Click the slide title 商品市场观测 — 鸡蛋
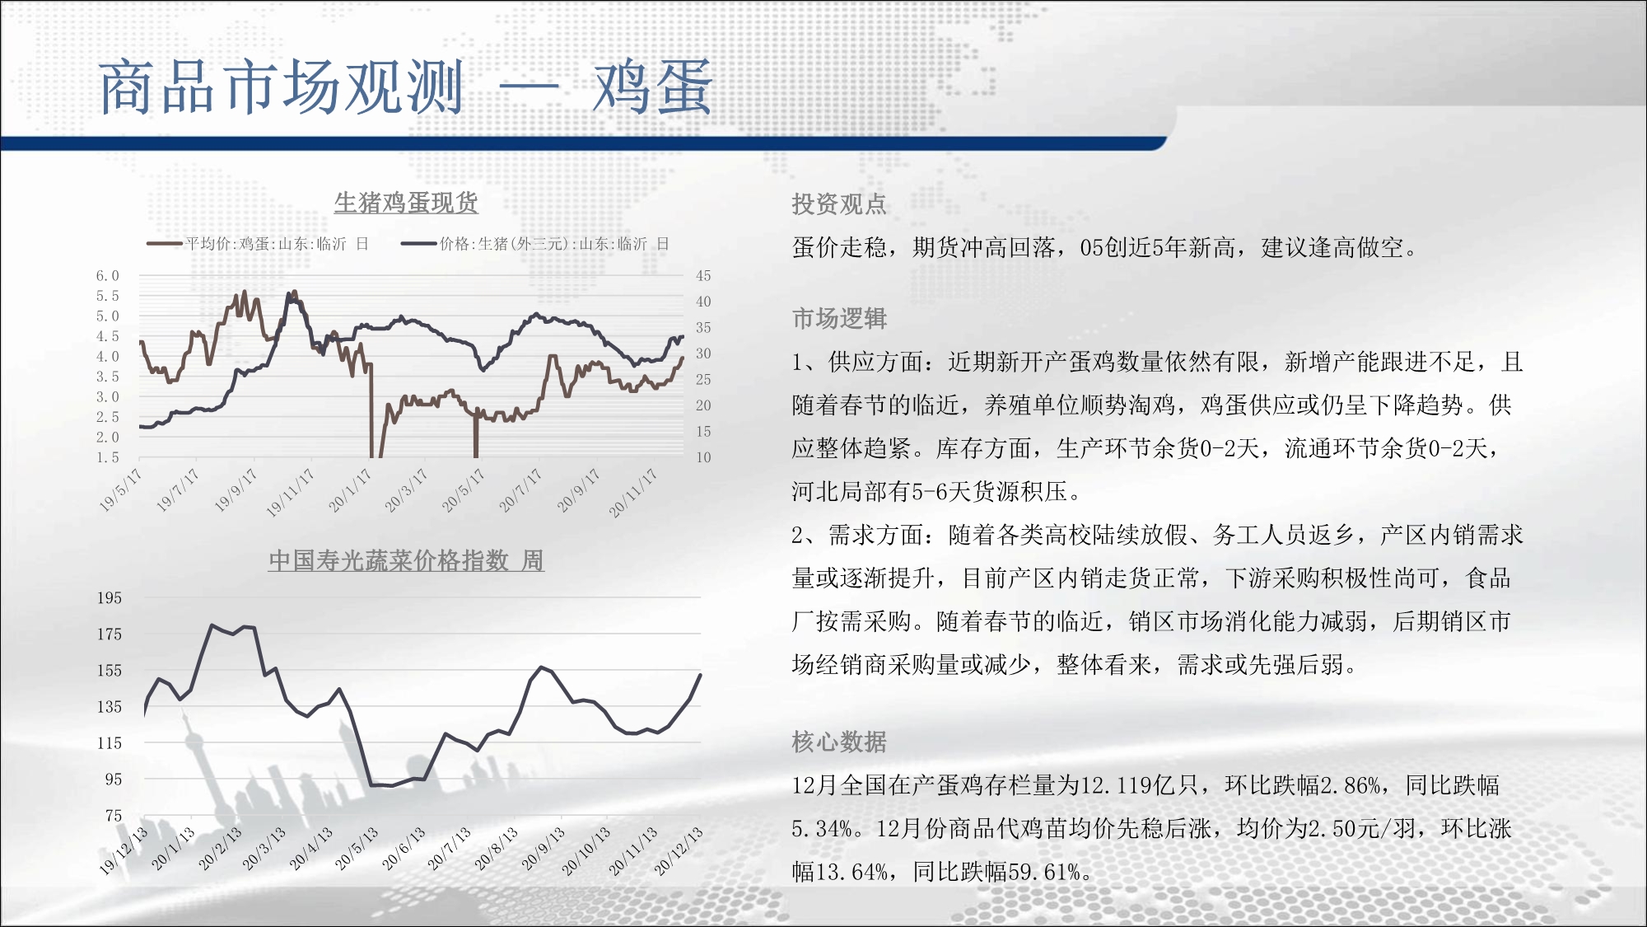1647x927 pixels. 405,87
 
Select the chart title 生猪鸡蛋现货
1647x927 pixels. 406,203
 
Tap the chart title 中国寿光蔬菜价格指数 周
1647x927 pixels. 406,560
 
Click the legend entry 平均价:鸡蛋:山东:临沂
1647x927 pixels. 258,244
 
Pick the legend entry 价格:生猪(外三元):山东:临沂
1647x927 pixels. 535,244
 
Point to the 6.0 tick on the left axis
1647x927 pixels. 107,276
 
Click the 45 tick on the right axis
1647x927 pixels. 703,276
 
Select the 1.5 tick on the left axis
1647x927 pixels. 107,457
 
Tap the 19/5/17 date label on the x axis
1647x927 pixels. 120,490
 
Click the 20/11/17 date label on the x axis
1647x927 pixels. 633,493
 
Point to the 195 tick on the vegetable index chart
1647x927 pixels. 110,598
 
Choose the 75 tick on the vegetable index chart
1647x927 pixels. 114,816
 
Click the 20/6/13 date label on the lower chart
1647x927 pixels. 404,849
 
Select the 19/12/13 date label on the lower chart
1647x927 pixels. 124,850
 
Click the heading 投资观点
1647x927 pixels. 839,204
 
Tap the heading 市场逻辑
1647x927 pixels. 839,318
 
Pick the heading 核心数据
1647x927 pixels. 839,742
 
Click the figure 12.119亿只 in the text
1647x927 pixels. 1140,785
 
